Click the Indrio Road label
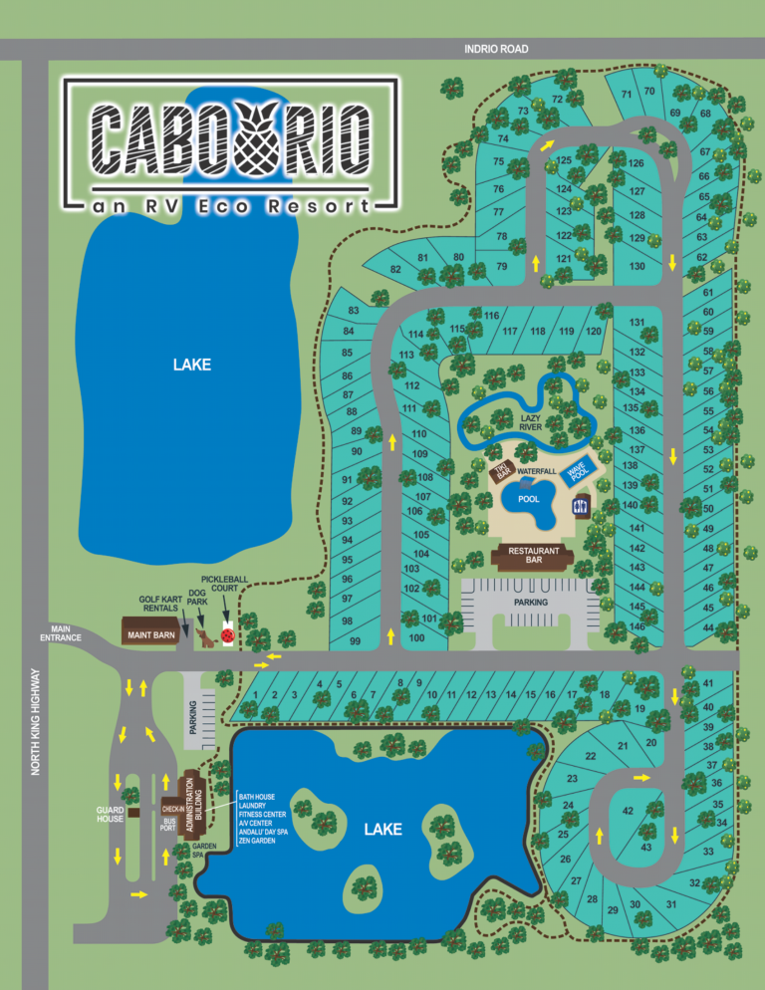(496, 49)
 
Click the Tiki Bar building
(503, 469)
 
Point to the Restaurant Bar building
(534, 556)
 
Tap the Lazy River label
(531, 421)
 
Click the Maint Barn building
(148, 632)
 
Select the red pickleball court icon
(227, 632)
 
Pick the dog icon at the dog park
(204, 636)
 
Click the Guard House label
(111, 814)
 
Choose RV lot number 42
(628, 811)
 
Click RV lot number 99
(355, 641)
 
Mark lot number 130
(637, 266)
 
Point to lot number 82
(395, 269)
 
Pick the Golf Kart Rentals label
(158, 604)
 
